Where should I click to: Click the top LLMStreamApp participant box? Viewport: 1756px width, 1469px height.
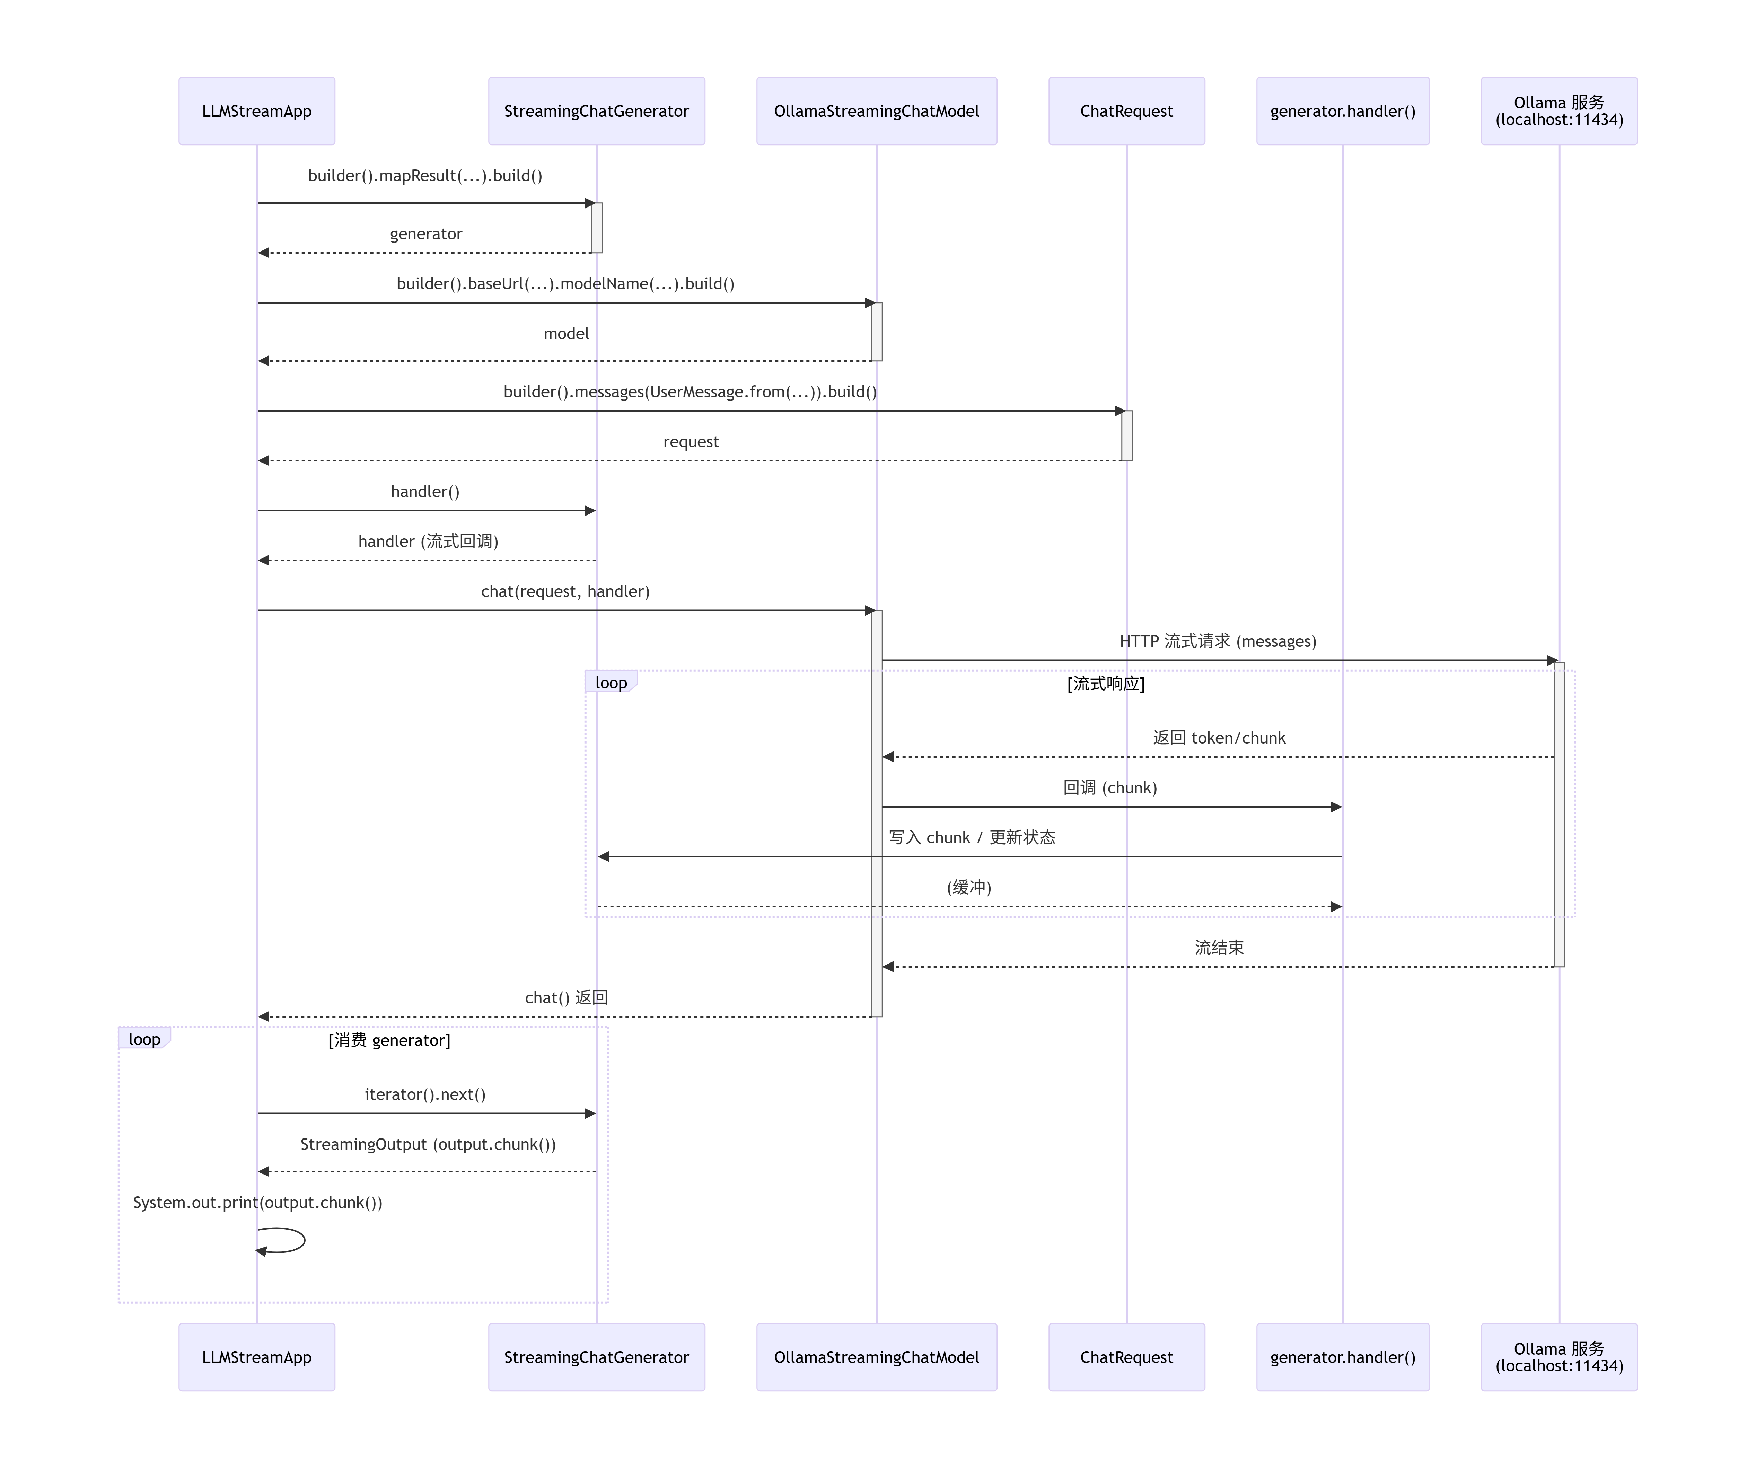coord(257,111)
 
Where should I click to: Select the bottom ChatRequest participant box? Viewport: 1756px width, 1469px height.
coord(1126,1357)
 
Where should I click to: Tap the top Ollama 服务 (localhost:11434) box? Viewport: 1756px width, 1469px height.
coord(1559,111)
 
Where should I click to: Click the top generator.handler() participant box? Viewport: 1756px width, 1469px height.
coord(1343,111)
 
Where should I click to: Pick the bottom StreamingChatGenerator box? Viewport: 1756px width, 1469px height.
coord(596,1357)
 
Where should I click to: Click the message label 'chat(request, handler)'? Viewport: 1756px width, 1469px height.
coord(565,591)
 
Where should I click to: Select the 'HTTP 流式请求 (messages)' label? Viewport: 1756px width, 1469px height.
coord(1218,641)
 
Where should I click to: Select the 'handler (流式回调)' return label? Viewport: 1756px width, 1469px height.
coord(428,541)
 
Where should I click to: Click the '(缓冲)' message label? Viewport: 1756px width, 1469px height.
coord(969,887)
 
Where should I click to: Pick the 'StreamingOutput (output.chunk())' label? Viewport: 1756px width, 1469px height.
coord(428,1145)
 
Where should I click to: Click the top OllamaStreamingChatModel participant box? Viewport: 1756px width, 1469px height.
coord(876,111)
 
